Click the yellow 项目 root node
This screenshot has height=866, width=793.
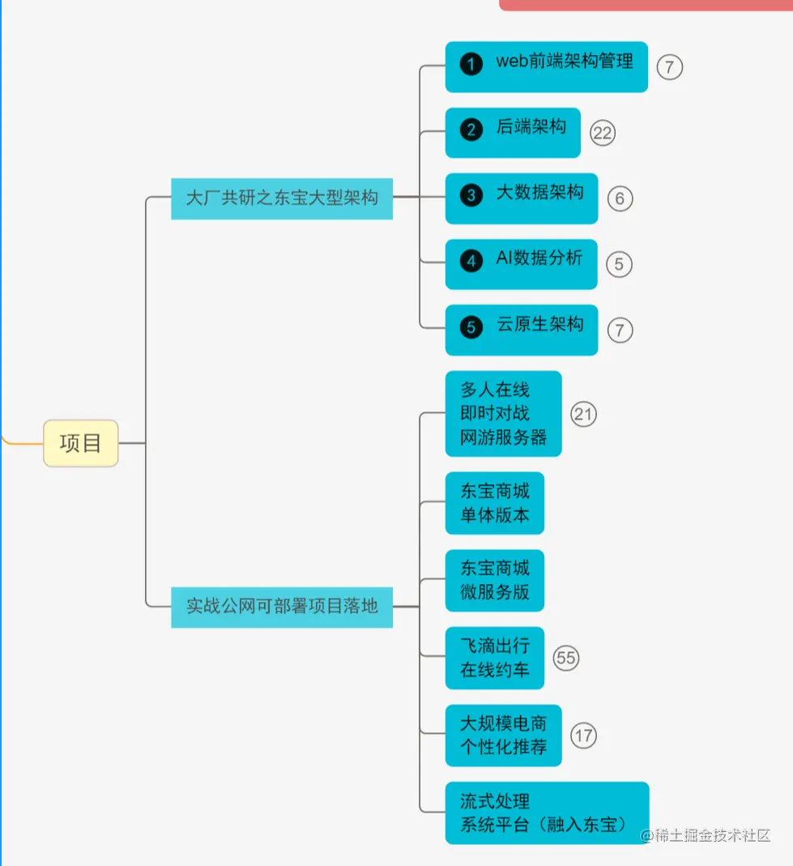point(80,443)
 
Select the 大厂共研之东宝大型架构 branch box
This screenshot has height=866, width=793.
point(282,198)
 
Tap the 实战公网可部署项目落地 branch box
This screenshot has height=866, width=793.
point(282,606)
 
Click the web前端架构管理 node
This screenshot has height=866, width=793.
point(546,66)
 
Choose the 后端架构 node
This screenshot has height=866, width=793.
point(513,132)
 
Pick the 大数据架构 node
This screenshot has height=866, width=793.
point(521,198)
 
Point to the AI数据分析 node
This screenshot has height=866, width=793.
point(521,263)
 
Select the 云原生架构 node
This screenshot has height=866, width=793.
point(521,329)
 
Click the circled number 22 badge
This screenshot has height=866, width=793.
point(602,133)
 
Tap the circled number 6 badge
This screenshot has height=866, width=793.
point(620,198)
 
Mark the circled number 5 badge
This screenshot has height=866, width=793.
point(619,264)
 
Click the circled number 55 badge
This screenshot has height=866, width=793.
point(566,658)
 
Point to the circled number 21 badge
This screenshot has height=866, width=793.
point(583,415)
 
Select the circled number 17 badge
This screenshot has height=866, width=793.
point(583,736)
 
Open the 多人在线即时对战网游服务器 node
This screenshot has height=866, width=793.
point(503,414)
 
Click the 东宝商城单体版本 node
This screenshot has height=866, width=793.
point(494,503)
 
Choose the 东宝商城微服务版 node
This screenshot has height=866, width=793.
point(494,580)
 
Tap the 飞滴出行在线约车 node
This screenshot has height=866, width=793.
point(494,658)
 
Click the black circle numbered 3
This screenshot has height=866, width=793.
point(471,195)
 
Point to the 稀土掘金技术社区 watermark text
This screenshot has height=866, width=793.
point(706,835)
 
